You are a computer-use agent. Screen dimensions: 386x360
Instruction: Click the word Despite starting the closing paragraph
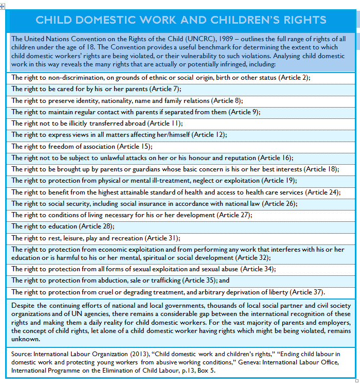coord(22,305)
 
